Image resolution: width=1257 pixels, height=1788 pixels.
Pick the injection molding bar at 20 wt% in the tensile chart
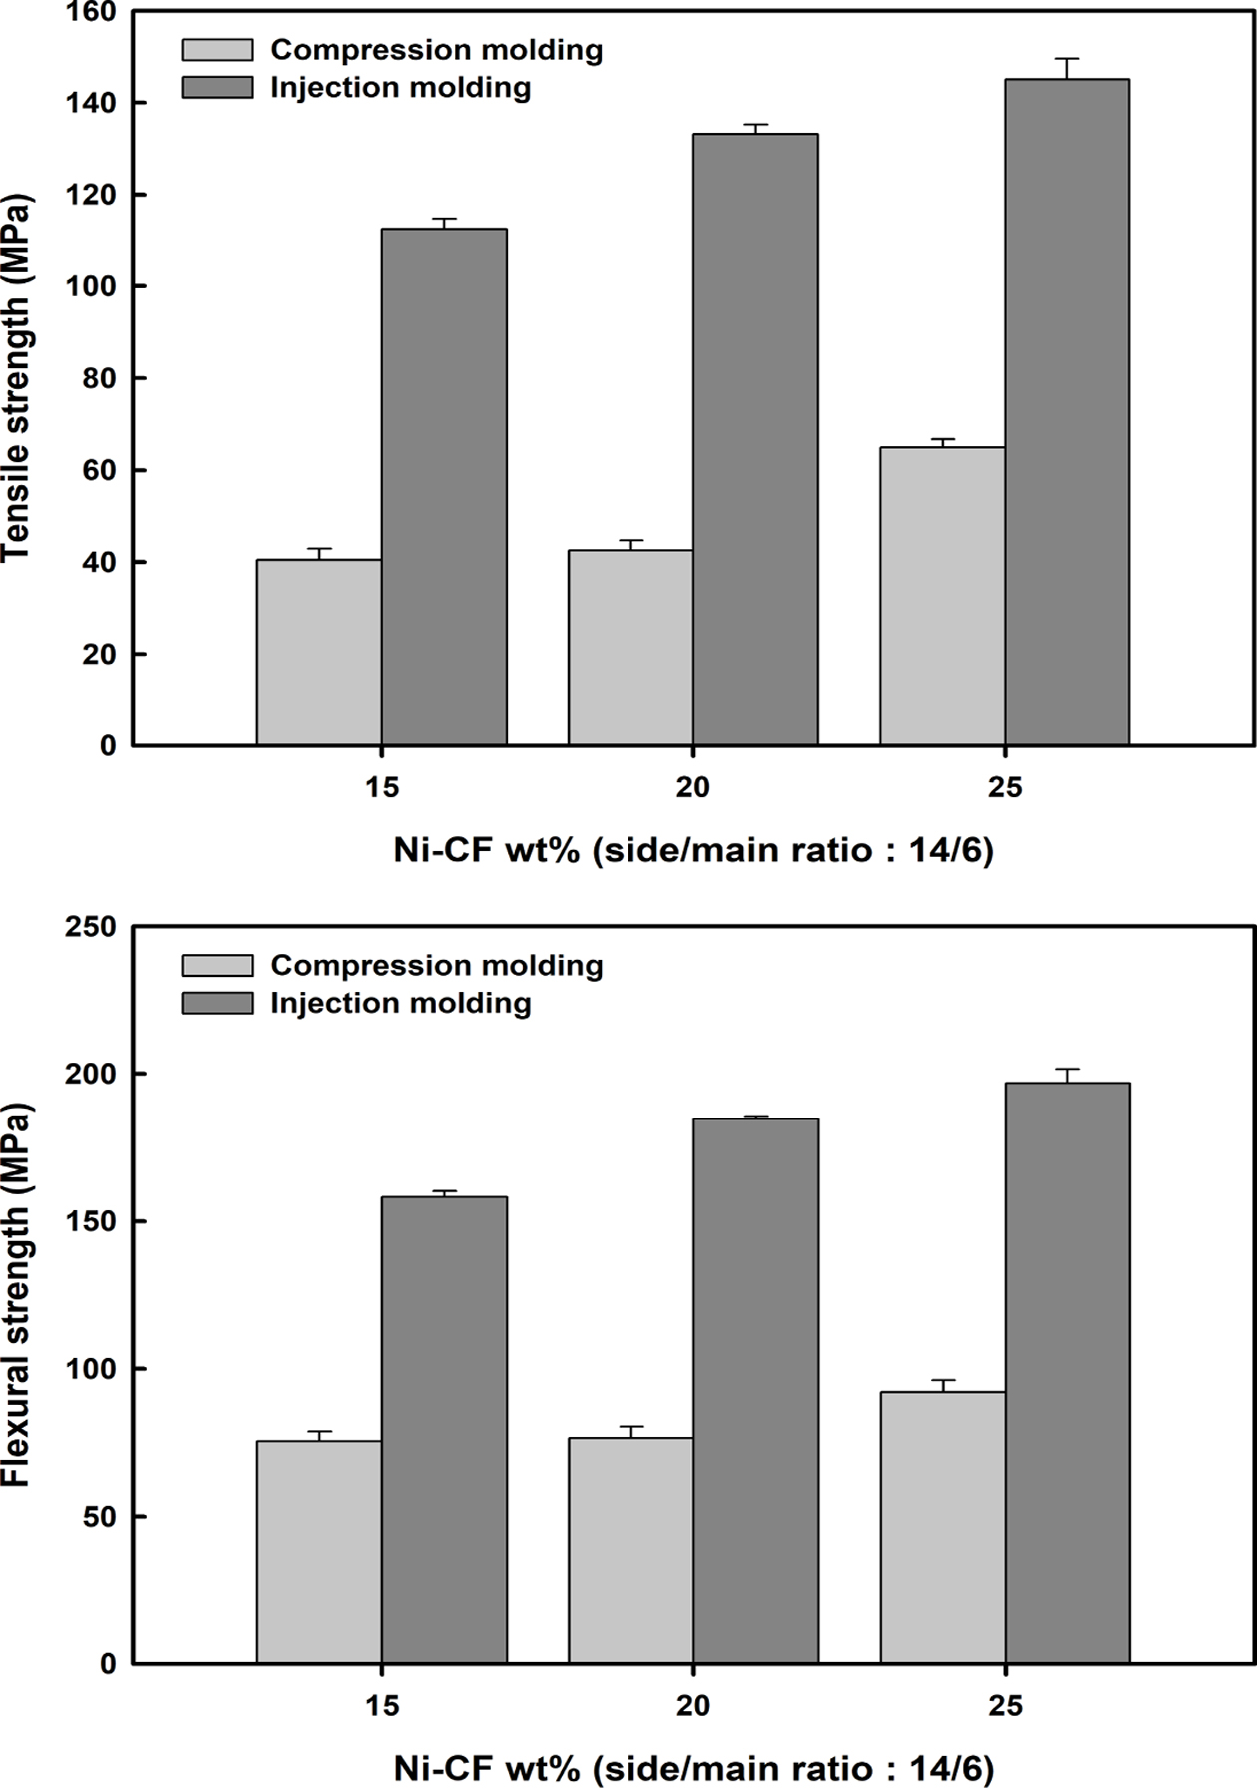[x=755, y=439]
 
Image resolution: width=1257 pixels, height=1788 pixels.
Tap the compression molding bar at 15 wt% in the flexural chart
[x=319, y=1552]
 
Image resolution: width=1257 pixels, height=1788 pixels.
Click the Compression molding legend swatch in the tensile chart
[x=217, y=50]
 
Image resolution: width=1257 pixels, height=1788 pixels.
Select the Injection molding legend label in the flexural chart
[x=401, y=1003]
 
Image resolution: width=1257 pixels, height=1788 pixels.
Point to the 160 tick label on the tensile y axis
[x=91, y=12]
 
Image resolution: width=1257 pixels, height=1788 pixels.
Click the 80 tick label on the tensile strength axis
[x=99, y=379]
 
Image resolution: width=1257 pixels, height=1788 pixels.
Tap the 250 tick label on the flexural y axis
[x=91, y=927]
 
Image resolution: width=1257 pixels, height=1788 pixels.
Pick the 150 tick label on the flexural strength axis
[x=91, y=1221]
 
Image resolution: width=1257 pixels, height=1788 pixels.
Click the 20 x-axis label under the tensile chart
[x=693, y=788]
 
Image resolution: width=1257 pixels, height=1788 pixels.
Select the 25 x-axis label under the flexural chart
[x=1005, y=1706]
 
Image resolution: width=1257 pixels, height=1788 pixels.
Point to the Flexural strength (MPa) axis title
[x=18, y=1294]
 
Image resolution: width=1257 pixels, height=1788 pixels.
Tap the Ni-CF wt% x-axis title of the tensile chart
[x=693, y=850]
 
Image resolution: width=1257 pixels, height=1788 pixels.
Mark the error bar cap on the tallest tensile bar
[x=1066, y=59]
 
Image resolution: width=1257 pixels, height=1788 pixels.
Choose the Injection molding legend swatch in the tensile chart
[x=217, y=88]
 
